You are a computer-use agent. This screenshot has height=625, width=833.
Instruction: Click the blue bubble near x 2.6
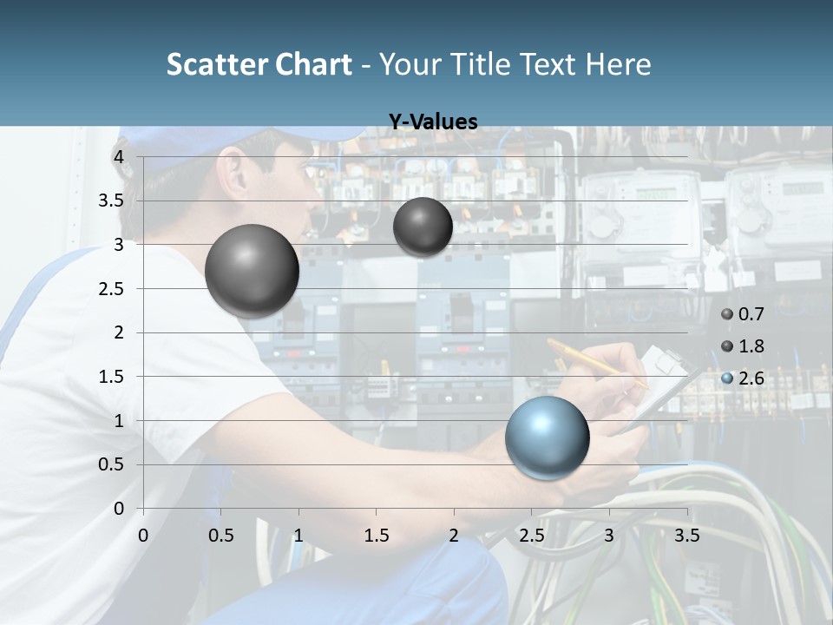(x=547, y=437)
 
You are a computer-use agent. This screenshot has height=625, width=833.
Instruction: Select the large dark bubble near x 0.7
(x=252, y=271)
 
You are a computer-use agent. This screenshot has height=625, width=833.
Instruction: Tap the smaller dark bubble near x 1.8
(x=423, y=227)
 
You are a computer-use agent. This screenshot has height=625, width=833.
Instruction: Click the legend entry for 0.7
(x=743, y=314)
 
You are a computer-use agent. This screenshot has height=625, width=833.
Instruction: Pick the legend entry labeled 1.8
(x=743, y=346)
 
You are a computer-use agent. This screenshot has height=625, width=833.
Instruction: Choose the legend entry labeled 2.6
(x=743, y=378)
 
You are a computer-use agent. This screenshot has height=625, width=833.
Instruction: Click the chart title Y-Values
(x=432, y=122)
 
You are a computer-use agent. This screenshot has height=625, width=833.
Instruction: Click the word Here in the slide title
(x=617, y=64)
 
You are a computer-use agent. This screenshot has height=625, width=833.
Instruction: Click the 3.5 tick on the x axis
(x=686, y=536)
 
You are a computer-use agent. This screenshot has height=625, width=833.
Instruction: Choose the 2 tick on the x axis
(x=454, y=536)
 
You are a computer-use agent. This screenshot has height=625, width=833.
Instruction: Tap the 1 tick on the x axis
(x=298, y=536)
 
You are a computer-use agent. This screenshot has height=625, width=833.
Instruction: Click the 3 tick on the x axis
(x=609, y=536)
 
